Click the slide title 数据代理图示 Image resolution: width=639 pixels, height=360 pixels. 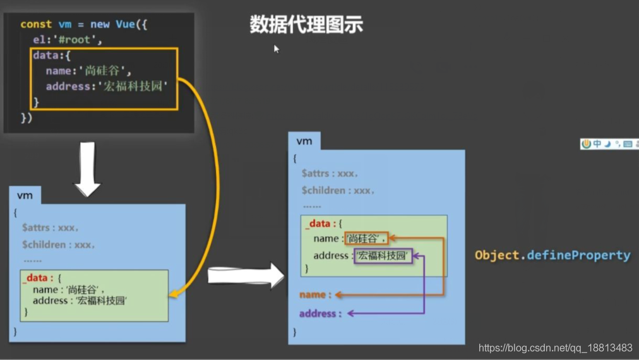306,25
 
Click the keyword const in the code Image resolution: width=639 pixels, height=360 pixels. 36,24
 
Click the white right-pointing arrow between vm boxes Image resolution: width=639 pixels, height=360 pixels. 246,275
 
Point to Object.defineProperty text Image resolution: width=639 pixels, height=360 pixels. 552,255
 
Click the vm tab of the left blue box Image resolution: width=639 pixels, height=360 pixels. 25,195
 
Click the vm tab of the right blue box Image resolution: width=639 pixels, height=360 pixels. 304,141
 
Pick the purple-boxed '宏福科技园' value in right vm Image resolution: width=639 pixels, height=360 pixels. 383,256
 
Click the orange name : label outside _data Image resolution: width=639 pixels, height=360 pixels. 315,294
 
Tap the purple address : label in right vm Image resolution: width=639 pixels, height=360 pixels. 320,313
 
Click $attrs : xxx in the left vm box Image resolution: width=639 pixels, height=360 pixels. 50,227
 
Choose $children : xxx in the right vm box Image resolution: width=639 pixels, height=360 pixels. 338,190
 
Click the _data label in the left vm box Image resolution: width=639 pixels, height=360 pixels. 38,277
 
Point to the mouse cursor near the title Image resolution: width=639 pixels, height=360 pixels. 276,49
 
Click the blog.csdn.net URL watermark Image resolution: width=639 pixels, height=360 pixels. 555,348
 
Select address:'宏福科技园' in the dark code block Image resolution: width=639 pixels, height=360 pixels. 107,86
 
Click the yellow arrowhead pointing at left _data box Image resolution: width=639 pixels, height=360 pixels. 172,294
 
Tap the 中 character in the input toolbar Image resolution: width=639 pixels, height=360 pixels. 597,144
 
